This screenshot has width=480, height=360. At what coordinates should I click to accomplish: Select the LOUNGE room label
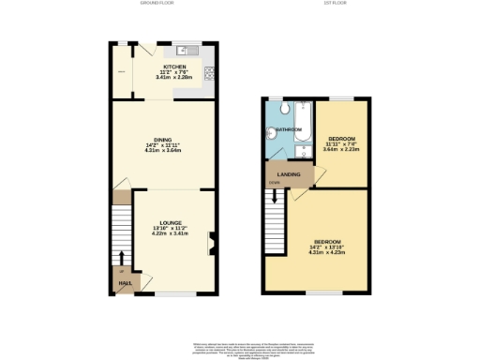coord(170,223)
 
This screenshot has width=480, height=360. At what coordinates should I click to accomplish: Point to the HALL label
coord(123,281)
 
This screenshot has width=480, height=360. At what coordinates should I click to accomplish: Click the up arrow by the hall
coord(122,259)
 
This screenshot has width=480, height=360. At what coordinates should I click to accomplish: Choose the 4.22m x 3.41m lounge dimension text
coord(170,232)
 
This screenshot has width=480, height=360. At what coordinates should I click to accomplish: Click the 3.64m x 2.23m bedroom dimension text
coord(338,148)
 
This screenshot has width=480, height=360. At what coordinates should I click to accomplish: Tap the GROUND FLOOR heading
coord(158,4)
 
